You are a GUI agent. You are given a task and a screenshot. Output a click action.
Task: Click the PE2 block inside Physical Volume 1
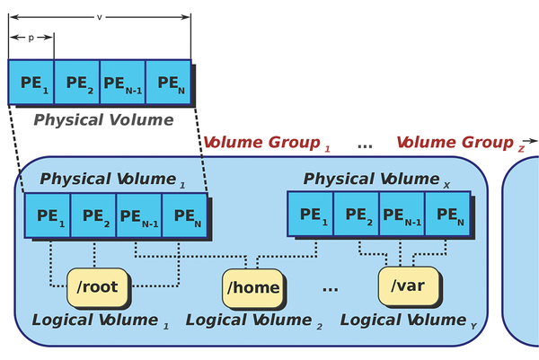click(x=93, y=216)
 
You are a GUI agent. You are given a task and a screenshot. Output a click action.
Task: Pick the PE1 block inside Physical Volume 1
click(x=49, y=216)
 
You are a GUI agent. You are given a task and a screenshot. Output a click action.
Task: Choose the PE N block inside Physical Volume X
click(x=446, y=214)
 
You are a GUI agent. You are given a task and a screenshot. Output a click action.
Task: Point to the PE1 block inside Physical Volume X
click(x=310, y=214)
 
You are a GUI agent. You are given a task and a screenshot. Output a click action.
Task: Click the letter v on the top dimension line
click(x=99, y=16)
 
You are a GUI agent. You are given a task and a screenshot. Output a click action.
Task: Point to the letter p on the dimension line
click(x=31, y=38)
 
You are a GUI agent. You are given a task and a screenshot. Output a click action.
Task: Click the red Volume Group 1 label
click(x=266, y=143)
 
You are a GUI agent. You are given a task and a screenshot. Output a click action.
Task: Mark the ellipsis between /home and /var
click(x=330, y=289)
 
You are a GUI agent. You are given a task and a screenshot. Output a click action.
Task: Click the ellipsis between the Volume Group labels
click(x=365, y=144)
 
